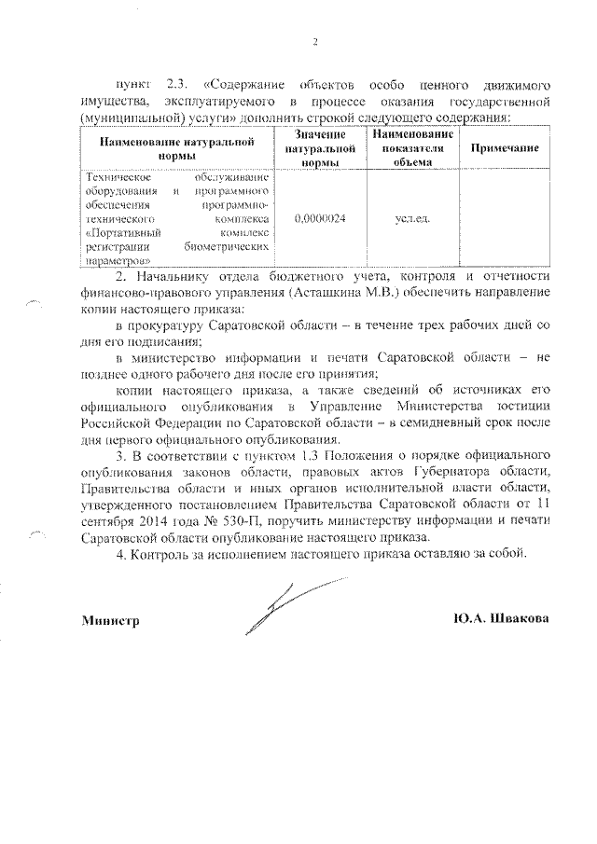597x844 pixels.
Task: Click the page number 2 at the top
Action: (x=315, y=42)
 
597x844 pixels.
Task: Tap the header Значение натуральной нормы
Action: (x=320, y=149)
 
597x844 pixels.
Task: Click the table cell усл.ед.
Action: (x=411, y=217)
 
